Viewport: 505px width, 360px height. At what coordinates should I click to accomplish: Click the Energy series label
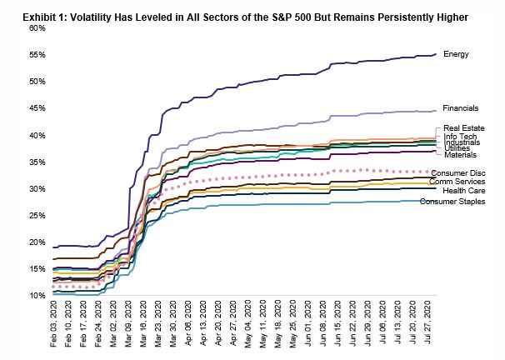point(456,54)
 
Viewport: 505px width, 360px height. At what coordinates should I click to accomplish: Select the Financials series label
point(461,108)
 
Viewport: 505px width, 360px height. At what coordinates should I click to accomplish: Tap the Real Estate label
point(462,128)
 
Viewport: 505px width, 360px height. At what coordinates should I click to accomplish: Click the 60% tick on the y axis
point(36,28)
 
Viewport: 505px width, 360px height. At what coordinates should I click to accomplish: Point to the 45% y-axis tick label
point(36,108)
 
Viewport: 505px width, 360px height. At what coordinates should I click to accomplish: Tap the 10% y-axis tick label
point(36,296)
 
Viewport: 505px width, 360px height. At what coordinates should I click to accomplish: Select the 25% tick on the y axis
point(36,216)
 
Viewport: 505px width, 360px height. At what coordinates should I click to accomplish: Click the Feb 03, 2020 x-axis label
point(55,327)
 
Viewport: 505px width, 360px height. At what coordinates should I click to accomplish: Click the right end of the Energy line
point(436,55)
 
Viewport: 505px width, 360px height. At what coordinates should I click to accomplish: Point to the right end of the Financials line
point(436,111)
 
